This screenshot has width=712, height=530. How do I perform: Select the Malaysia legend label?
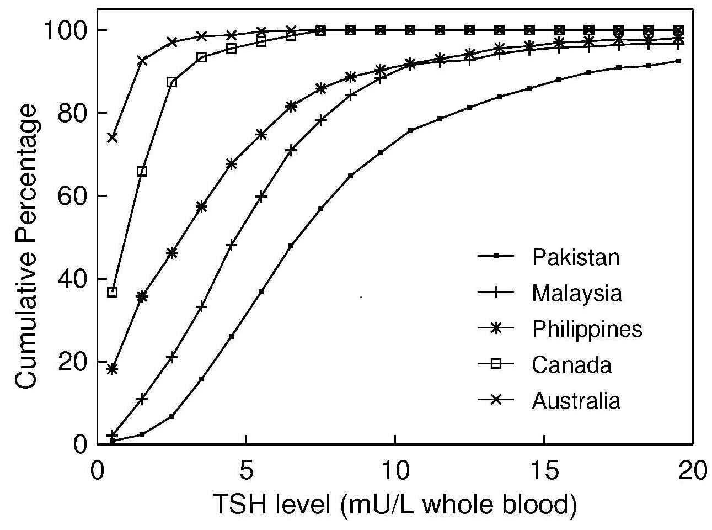point(576,293)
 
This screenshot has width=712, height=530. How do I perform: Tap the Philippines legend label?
point(587,329)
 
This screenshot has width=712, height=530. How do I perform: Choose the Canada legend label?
point(571,365)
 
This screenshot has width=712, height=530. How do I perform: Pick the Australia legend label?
point(576,401)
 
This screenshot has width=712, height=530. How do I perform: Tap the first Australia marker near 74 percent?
point(113,137)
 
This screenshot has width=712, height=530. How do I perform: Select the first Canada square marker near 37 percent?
point(113,292)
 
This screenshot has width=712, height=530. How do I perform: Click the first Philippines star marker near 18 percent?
point(113,369)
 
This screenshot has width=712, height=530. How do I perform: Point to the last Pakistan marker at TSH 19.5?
point(678,61)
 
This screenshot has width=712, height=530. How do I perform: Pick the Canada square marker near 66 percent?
point(142,171)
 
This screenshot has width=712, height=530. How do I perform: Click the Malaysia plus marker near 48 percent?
point(232,246)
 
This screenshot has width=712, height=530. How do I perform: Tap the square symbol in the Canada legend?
point(495,365)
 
